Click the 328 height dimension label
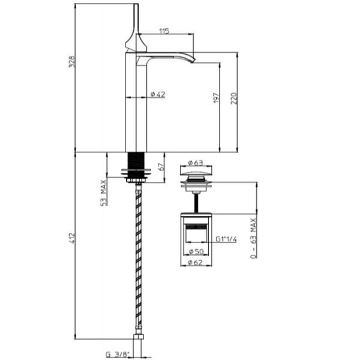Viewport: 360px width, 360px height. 72,61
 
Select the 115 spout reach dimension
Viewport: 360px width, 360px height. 164,31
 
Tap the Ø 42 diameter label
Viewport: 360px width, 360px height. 158,94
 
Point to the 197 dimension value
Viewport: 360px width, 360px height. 217,98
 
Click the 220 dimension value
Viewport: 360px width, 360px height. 234,98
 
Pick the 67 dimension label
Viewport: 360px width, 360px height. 161,167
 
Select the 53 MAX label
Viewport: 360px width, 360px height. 104,193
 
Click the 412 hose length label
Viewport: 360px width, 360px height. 72,238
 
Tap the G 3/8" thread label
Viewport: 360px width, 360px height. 118,354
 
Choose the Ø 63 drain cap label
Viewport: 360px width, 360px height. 196,163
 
